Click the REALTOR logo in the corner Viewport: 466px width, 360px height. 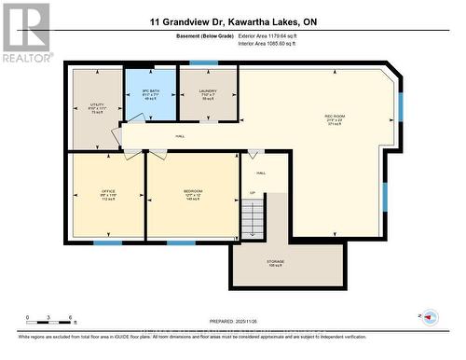pyautogui.click(x=25, y=32)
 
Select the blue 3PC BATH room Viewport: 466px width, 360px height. pyautogui.click(x=151, y=93)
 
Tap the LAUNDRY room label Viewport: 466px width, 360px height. pyautogui.click(x=207, y=94)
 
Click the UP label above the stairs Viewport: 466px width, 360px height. pyautogui.click(x=251, y=193)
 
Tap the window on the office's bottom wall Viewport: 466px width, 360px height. pyautogui.click(x=108, y=243)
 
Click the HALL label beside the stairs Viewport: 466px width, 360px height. pyautogui.click(x=261, y=173)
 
